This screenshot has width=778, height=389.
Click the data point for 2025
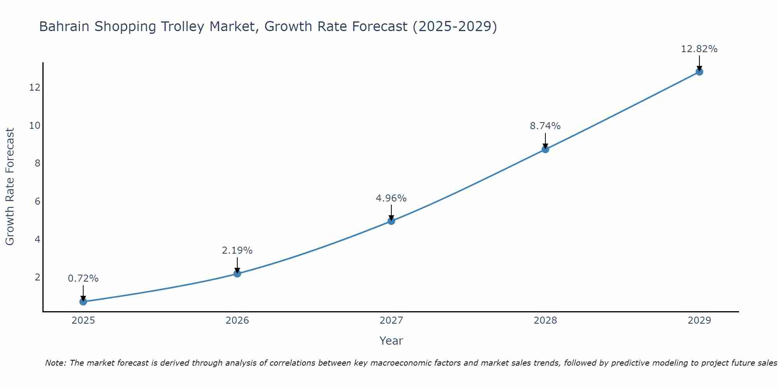[83, 301]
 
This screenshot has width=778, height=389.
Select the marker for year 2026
[237, 273]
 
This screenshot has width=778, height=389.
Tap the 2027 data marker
[391, 221]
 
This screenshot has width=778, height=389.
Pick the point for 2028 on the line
[545, 149]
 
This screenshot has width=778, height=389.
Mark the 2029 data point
[699, 72]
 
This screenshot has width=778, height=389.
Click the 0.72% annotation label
[83, 279]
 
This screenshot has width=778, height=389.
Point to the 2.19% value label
[237, 251]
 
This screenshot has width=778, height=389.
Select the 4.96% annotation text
[391, 198]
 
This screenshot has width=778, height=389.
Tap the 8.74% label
[545, 126]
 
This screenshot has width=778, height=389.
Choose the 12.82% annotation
[699, 49]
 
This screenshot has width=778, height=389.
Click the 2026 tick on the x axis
[237, 321]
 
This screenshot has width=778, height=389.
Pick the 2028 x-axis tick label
[545, 321]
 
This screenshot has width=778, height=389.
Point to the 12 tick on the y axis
[35, 87]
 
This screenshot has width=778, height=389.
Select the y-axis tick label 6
[37, 201]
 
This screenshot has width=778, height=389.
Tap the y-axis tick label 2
[37, 277]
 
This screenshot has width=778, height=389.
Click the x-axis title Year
[391, 341]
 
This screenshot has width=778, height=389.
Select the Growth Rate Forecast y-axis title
[10, 187]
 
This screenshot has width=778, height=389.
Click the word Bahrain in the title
[65, 26]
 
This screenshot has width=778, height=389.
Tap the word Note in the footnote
[56, 363]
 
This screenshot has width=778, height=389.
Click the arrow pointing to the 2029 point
[699, 63]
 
